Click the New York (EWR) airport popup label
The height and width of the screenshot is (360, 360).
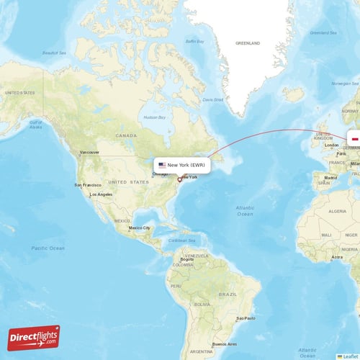coord(183,165)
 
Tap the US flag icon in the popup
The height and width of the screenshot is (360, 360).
coord(162,165)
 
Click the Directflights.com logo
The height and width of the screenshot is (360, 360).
coord(34,337)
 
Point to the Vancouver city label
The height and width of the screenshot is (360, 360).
coord(89,153)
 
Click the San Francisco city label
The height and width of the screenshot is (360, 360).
coord(86,185)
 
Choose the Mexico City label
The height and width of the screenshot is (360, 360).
coord(140,228)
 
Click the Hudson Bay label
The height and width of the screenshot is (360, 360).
coord(154,117)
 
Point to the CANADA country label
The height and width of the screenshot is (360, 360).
coord(127,135)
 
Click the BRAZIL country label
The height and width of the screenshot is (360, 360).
coord(228,294)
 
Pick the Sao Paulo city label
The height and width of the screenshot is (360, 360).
coord(246,318)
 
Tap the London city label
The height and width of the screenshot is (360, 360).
coord(332,145)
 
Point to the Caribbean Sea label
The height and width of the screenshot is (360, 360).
coord(182,240)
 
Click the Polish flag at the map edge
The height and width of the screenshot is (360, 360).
coord(354,140)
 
